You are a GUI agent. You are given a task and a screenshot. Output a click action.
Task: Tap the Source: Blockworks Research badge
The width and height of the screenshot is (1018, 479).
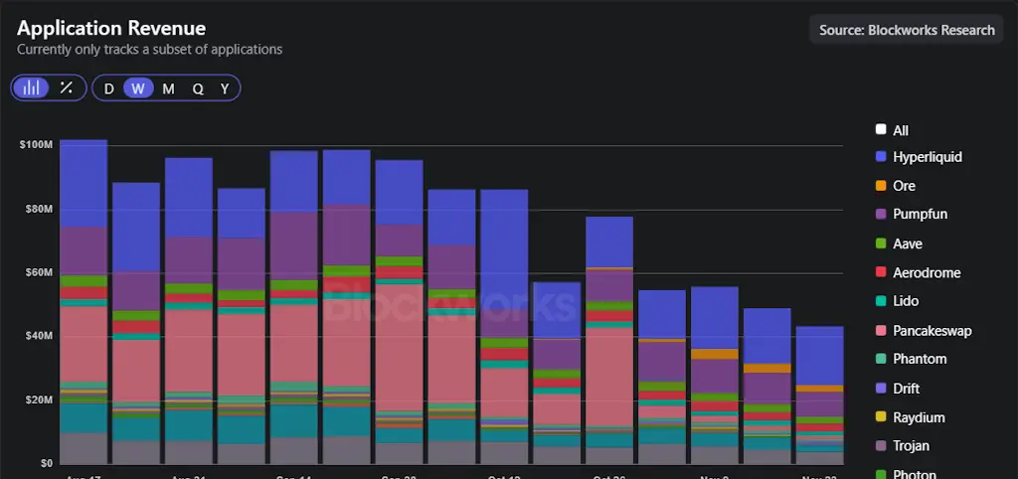[906, 30]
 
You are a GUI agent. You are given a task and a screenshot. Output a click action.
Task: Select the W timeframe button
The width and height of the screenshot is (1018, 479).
[138, 88]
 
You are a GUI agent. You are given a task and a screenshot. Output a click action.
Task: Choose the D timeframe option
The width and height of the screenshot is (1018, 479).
[109, 88]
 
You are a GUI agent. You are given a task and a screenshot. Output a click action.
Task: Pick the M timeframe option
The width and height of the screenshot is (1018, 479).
[168, 88]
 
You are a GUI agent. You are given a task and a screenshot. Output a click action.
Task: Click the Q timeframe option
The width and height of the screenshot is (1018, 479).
[198, 88]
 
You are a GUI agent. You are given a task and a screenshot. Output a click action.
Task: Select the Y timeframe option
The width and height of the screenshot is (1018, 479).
[225, 88]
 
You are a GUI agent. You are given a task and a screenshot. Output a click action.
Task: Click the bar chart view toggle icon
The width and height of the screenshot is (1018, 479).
[32, 87]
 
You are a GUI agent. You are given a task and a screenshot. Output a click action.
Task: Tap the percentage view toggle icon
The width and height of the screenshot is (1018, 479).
[67, 87]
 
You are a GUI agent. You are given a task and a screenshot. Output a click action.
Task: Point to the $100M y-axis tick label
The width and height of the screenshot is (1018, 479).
[35, 145]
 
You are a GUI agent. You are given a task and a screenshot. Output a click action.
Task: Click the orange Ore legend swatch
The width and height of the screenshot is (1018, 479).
[881, 186]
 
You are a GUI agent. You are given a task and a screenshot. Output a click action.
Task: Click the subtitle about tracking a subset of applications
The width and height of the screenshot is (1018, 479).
[149, 50]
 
